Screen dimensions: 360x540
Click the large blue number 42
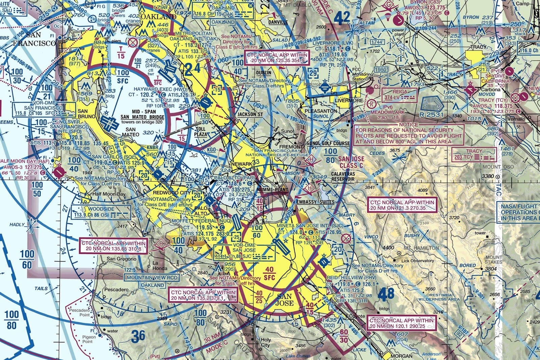tap(342, 18)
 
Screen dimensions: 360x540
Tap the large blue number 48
tap(386, 294)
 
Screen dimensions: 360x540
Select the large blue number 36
tap(138, 336)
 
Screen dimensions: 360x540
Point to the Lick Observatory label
tap(417, 261)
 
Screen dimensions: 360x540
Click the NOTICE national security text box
tap(409, 134)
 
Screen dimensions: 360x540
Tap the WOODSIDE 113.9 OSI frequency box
tap(101, 212)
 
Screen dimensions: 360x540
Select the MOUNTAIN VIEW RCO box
tap(152, 278)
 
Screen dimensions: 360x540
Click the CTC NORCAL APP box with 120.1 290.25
tap(401, 323)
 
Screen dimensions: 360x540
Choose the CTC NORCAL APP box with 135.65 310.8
tap(113, 246)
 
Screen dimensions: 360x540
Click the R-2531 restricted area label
tap(431, 114)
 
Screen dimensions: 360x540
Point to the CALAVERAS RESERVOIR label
tap(343, 177)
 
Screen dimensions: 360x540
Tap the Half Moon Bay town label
tap(109, 194)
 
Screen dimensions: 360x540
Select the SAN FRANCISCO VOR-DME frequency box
tap(39, 110)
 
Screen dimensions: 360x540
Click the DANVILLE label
tap(278, 22)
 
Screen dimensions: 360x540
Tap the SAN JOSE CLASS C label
tap(351, 162)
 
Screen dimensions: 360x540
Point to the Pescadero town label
tap(116, 290)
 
